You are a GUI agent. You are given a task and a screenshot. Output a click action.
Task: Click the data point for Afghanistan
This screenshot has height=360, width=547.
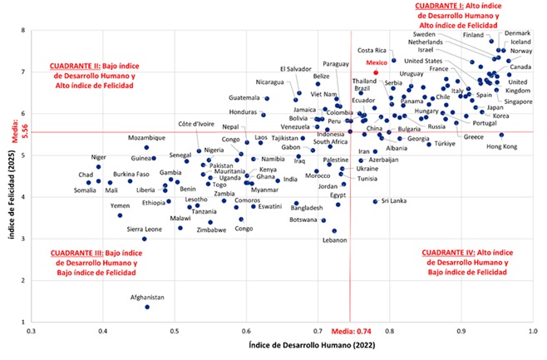tap(147, 307)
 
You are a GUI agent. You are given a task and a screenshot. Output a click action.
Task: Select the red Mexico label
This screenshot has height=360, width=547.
tap(379, 63)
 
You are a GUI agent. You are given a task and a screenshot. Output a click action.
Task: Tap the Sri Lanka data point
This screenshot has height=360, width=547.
tap(375, 201)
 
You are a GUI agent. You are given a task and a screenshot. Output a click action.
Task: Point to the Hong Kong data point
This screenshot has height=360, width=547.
tap(501, 135)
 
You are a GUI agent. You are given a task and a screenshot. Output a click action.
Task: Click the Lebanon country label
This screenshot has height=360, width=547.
tap(334, 240)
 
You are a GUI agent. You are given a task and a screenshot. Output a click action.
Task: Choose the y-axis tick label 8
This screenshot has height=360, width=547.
tap(22, 30)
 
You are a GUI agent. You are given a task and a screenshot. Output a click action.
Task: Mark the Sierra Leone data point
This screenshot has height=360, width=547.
tap(144, 239)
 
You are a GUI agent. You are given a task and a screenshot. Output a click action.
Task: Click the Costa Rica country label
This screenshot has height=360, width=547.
tap(372, 51)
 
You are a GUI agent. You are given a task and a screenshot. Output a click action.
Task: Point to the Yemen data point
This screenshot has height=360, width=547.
tap(120, 215)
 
